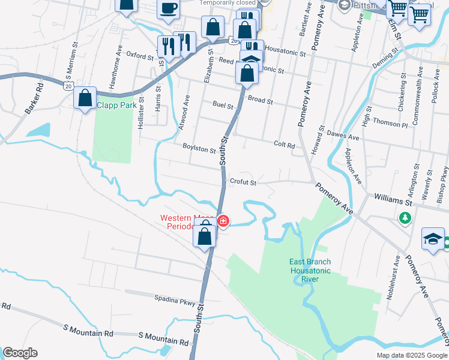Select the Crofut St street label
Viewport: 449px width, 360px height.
[x=243, y=182]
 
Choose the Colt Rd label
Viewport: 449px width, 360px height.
[x=284, y=145]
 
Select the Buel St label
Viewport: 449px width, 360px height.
[x=223, y=105]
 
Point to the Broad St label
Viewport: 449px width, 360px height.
[x=261, y=100]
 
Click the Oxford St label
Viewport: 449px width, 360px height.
[x=140, y=56]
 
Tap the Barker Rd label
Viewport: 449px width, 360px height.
[x=35, y=97]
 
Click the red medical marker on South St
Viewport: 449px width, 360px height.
[x=223, y=221]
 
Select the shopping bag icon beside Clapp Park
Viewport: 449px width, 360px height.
[x=85, y=97]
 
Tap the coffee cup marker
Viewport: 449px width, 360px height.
[x=169, y=8]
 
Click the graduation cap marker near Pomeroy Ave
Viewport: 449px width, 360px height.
[x=433, y=238]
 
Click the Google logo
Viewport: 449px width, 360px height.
[x=20, y=353]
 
